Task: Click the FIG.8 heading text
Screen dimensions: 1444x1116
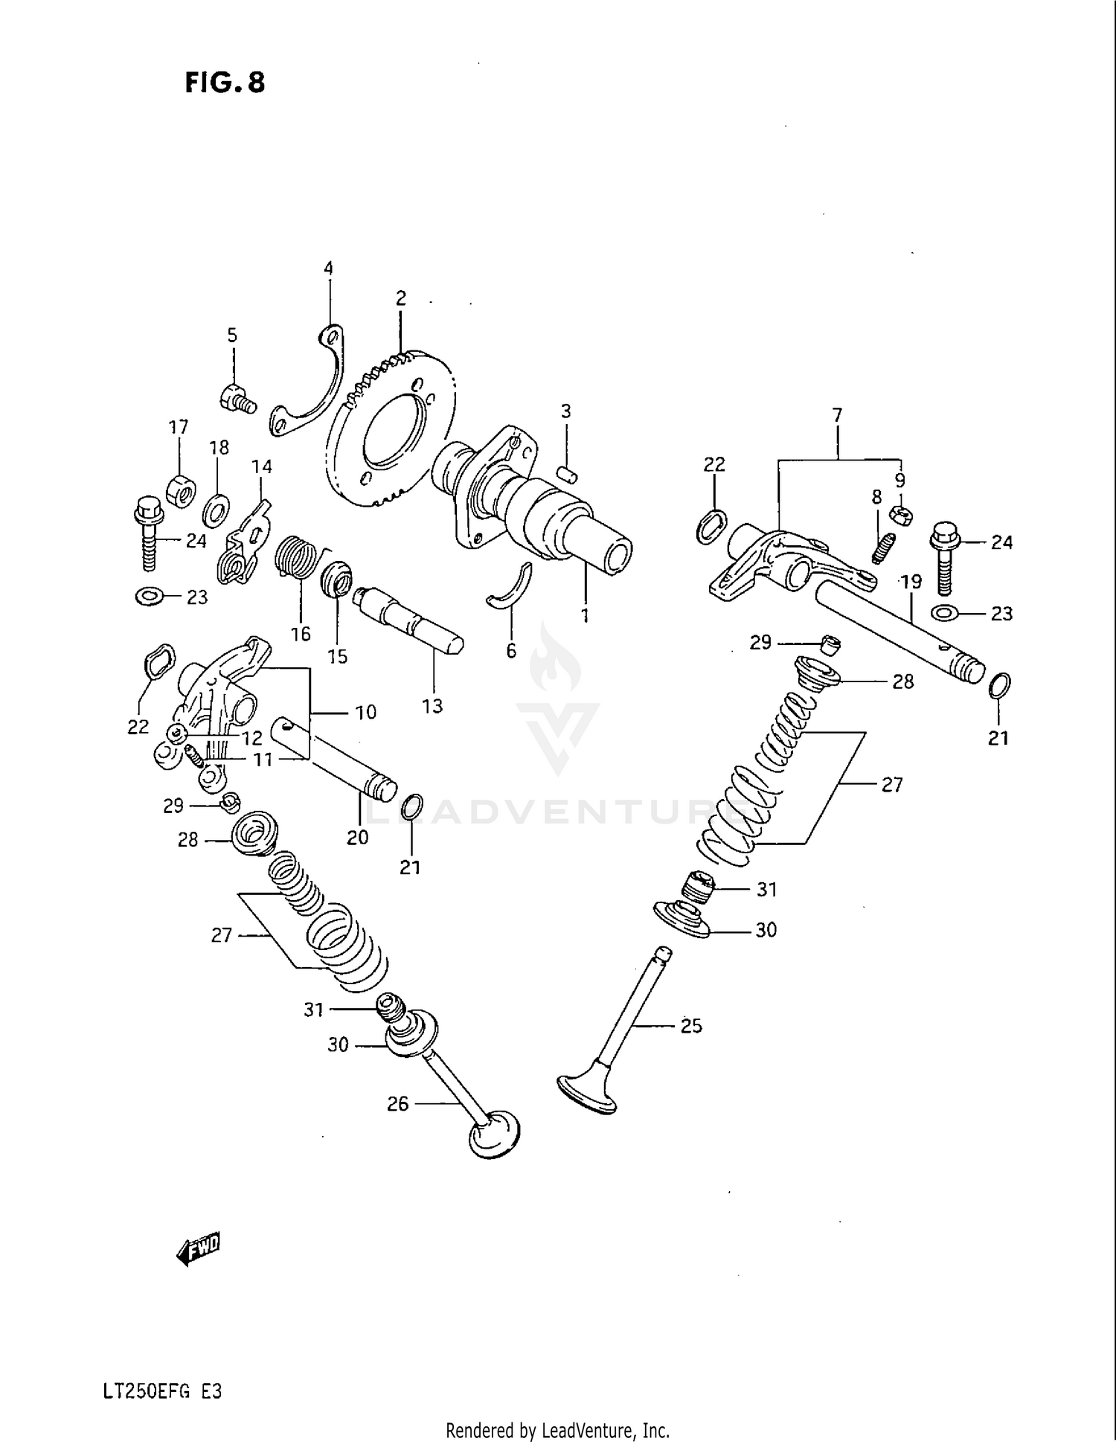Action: tap(225, 82)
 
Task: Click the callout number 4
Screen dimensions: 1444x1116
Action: tap(327, 269)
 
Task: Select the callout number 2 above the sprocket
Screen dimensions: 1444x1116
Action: tap(400, 298)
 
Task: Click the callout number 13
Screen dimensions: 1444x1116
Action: tap(432, 706)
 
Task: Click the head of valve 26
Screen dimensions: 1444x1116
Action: tap(495, 1136)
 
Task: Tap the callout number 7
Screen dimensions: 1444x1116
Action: tap(837, 415)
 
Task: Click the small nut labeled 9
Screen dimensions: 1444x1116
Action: tap(901, 513)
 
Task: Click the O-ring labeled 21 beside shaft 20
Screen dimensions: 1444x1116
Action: tap(413, 806)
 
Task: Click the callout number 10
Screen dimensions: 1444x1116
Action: tap(365, 712)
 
